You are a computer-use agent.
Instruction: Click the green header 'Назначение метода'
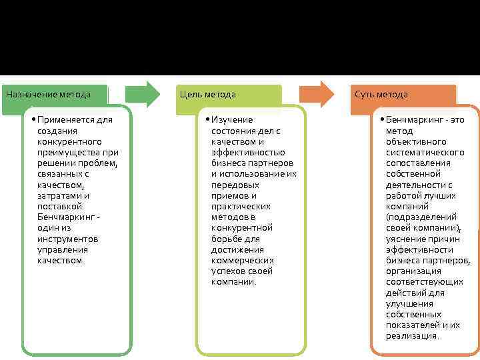click(x=48, y=94)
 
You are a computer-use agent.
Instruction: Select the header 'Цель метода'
click(x=206, y=94)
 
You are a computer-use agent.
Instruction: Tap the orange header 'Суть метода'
click(x=381, y=94)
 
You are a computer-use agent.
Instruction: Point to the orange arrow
click(x=317, y=94)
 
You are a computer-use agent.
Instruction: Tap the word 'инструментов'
click(x=68, y=239)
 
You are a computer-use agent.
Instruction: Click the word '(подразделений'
click(x=421, y=217)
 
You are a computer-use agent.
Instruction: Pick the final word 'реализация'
click(x=411, y=336)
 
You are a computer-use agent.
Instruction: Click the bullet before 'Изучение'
click(x=207, y=120)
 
